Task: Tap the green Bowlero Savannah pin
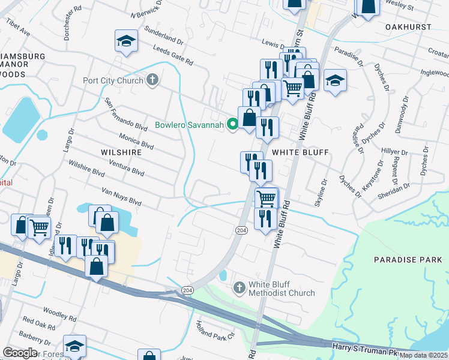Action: (232, 125)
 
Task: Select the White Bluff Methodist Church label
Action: (282, 289)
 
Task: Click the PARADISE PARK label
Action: (403, 260)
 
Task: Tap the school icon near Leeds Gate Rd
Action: (127, 41)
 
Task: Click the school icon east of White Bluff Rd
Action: (335, 80)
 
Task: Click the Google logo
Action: (20, 353)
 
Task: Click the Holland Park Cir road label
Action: (214, 331)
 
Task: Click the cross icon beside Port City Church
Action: (152, 79)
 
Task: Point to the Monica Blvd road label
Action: (136, 142)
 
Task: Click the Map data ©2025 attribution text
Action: (423, 355)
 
